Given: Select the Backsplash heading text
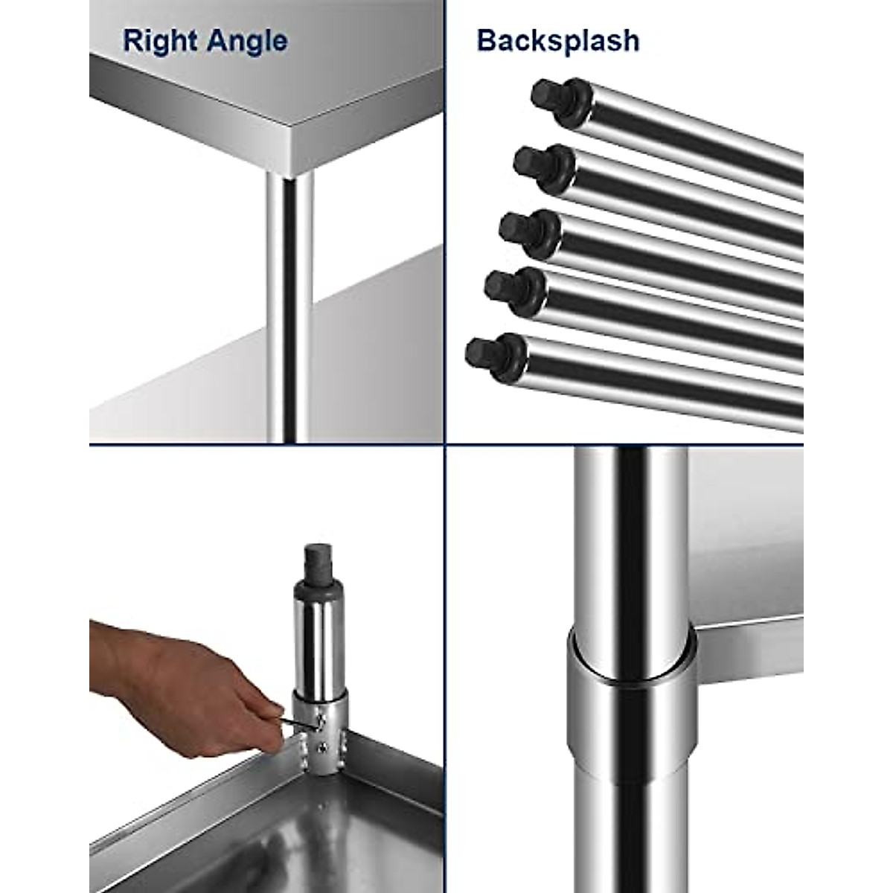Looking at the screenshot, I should tap(558, 40).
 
